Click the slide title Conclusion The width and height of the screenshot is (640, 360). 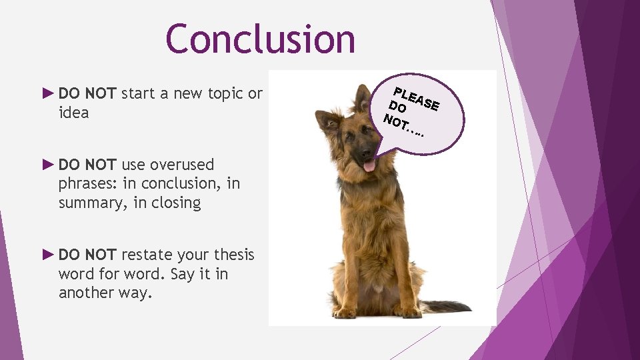click(x=260, y=39)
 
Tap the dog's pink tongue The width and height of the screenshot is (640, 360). click(x=369, y=165)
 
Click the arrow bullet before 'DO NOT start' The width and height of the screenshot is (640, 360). click(x=47, y=93)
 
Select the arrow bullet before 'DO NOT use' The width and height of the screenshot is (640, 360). click(x=47, y=164)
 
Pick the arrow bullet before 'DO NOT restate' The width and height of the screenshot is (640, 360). click(x=47, y=254)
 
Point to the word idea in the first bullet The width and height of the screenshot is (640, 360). click(x=73, y=113)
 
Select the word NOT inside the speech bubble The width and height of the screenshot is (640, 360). click(x=397, y=122)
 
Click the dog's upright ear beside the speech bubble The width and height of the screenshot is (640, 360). click(x=363, y=98)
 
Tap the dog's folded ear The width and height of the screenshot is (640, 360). click(x=329, y=121)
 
